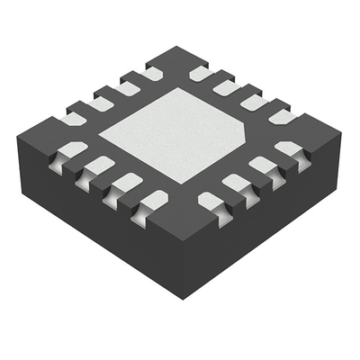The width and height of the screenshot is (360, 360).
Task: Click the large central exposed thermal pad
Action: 180,135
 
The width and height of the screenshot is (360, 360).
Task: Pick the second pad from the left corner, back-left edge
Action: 100,100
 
